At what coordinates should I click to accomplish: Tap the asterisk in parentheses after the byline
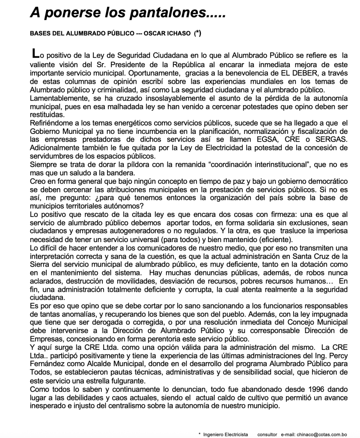197,33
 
